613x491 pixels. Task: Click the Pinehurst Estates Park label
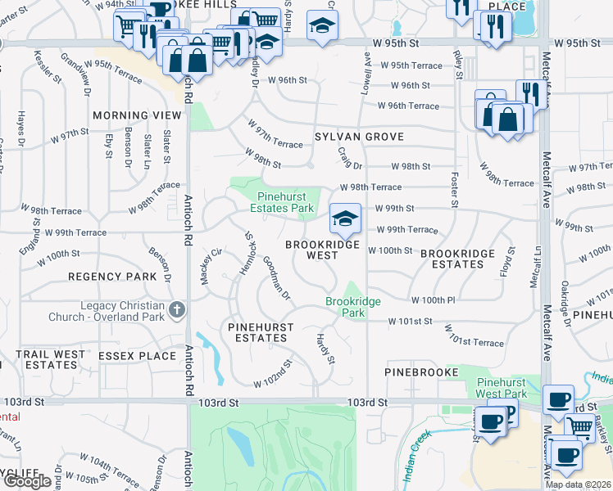coord(286,202)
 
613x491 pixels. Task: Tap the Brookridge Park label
coord(353,307)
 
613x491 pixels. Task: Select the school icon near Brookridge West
coord(345,218)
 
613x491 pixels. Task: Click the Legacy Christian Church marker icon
coord(178,310)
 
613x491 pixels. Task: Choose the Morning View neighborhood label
coord(137,115)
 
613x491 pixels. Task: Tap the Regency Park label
coord(112,277)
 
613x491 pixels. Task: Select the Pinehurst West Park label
coord(514,388)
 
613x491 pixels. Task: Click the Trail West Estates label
coord(51,359)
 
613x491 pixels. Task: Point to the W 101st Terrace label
coord(474,336)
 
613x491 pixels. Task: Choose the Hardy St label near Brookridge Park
coord(325,348)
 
